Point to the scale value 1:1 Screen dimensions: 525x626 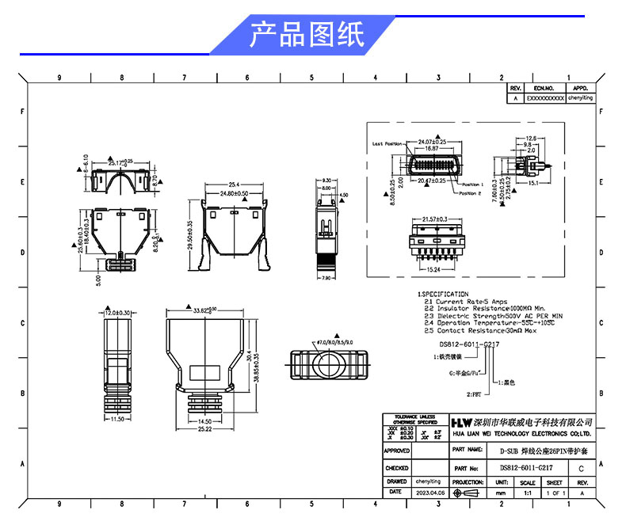pyautogui.click(x=527, y=493)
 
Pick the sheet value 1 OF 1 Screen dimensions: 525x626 pyautogui.click(x=555, y=493)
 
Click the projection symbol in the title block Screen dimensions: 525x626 pyautogui.click(x=468, y=493)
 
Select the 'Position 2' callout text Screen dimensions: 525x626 pyautogui.click(x=470, y=192)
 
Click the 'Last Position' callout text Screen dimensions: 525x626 pyautogui.click(x=387, y=144)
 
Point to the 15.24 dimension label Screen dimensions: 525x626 pyautogui.click(x=429, y=269)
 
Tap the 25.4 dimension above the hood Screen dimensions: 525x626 pyautogui.click(x=235, y=185)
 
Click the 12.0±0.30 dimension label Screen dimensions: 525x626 pyautogui.click(x=117, y=313)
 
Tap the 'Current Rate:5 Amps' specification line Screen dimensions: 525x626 pyautogui.click(x=465, y=302)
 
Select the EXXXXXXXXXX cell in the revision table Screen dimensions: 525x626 pyautogui.click(x=546, y=98)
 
